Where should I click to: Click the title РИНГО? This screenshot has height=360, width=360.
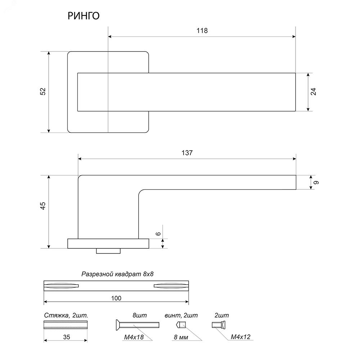[84, 16]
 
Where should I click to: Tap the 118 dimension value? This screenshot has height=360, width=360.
[202, 31]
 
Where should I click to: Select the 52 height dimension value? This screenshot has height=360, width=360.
[43, 91]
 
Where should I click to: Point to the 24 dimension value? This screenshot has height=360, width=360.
[314, 91]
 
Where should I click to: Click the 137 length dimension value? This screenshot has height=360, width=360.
[187, 153]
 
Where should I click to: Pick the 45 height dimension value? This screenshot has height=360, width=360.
[43, 206]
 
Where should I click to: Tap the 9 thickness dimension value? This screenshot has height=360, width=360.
[316, 183]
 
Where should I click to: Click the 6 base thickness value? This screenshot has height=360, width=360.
[158, 234]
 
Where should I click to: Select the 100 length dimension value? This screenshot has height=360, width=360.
[116, 298]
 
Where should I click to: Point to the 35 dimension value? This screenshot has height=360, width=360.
[67, 337]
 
